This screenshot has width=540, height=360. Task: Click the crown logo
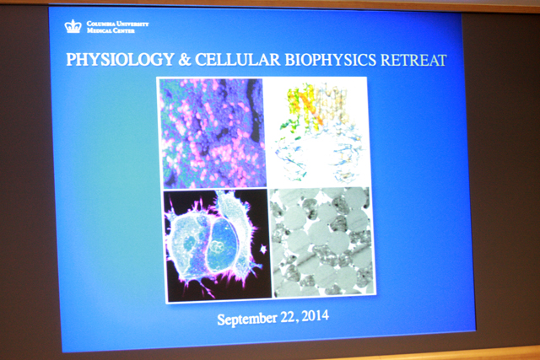click(x=73, y=26)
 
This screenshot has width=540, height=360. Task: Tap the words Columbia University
click(x=118, y=24)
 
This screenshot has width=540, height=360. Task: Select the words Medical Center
click(x=111, y=30)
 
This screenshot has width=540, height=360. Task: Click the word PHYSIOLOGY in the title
click(x=120, y=59)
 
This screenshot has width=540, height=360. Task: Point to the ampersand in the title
click(x=185, y=60)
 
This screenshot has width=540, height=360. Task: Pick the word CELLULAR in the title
click(x=238, y=60)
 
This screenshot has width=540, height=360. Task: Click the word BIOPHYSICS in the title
click(x=330, y=60)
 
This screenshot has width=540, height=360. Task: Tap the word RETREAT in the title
click(x=413, y=60)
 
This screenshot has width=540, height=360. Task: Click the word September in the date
click(x=247, y=319)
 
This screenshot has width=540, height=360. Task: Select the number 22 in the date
click(x=288, y=317)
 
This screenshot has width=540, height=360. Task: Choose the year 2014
click(x=315, y=316)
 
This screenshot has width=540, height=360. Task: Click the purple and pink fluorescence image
click(x=213, y=133)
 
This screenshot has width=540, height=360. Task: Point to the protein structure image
click(x=319, y=132)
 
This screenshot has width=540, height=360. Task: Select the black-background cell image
click(x=218, y=245)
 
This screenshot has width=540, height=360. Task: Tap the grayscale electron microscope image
click(x=322, y=242)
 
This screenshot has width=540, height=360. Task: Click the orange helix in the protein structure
click(x=311, y=107)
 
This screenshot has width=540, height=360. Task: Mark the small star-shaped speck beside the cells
click(x=263, y=249)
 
